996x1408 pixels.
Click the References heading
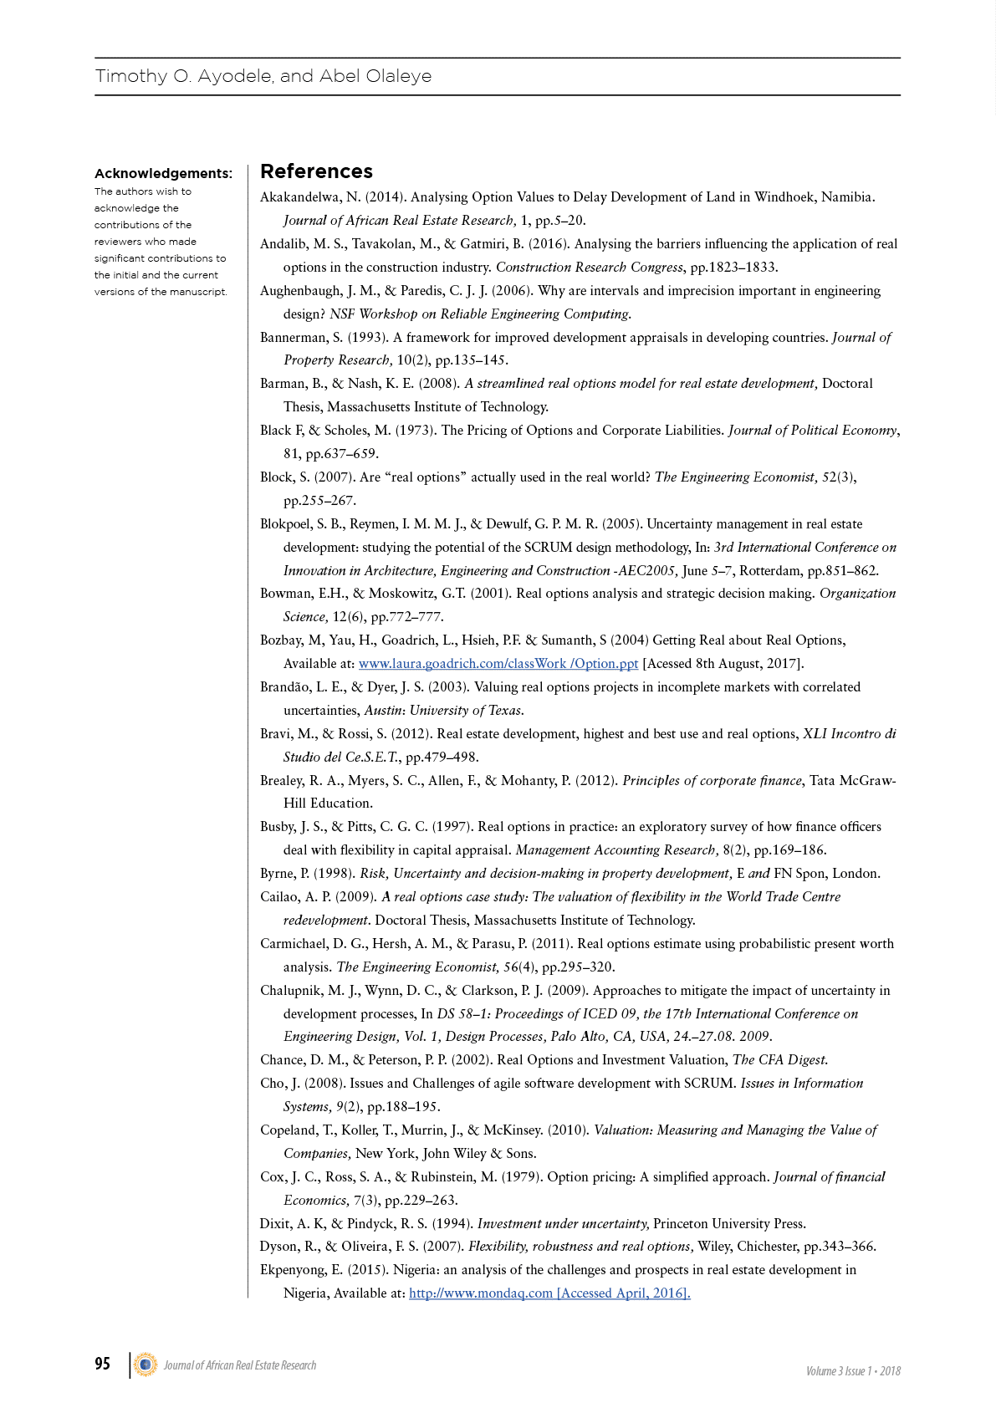tap(316, 171)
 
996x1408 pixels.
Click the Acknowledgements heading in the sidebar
tap(163, 174)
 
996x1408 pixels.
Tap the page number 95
tap(102, 1364)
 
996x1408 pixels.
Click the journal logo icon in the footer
tap(146, 1365)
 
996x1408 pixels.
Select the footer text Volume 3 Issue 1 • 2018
tap(853, 1371)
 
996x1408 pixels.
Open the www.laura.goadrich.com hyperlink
tap(498, 664)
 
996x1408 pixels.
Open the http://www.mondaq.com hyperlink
tap(481, 1293)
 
